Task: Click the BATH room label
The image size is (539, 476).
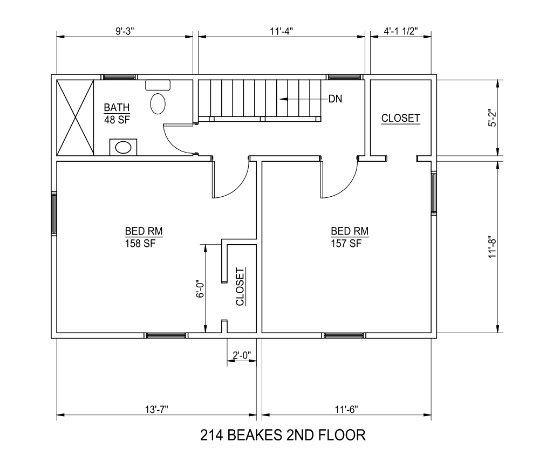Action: (x=117, y=107)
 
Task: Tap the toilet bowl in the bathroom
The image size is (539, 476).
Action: (x=158, y=104)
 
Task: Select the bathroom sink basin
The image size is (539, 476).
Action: (x=123, y=148)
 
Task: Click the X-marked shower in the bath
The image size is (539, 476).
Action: (x=76, y=118)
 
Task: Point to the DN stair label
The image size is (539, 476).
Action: (x=335, y=99)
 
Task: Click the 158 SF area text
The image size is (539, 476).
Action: (x=140, y=244)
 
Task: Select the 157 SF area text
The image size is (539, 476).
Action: (x=346, y=244)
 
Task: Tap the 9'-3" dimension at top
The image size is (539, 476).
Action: (x=125, y=31)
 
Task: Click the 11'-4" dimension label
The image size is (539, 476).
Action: (x=281, y=31)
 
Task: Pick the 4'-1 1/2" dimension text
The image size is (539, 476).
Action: (x=401, y=31)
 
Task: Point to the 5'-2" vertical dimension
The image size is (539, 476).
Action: (x=492, y=119)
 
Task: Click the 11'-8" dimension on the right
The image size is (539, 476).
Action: (x=492, y=246)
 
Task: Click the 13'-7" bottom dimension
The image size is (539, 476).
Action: (x=156, y=409)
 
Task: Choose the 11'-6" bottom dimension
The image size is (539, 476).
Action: (x=346, y=409)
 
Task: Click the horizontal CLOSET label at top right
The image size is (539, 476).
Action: (x=401, y=118)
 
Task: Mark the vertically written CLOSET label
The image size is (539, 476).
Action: (x=240, y=287)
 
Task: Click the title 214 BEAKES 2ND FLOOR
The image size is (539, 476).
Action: (x=283, y=435)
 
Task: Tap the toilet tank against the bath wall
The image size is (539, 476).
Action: (x=158, y=85)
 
